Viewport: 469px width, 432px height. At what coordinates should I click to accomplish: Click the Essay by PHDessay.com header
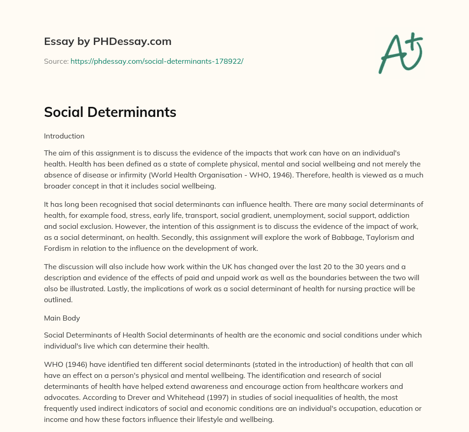coord(108,42)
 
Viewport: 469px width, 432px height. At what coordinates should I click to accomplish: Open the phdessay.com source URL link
coord(157,61)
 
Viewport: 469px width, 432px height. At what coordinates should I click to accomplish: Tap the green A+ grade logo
coord(400,53)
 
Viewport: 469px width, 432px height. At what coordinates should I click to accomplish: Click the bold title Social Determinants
coord(110,112)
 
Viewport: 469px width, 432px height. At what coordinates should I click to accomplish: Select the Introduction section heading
coord(64,136)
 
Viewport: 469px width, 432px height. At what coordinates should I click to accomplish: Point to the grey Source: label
coord(56,61)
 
